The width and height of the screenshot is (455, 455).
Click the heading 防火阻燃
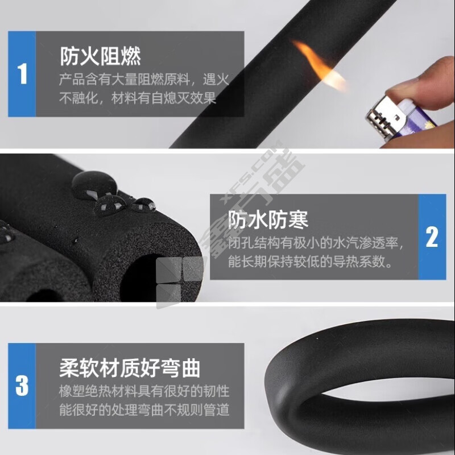pos(101,56)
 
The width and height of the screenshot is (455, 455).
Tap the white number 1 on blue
pos(22,74)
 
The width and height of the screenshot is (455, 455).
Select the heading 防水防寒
pos(268,220)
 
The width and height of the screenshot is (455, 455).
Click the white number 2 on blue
pos(432,237)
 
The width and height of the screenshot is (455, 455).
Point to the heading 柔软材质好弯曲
pos(130,368)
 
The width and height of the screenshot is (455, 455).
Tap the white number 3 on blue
pos(22,386)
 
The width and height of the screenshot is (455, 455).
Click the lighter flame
pos(318,65)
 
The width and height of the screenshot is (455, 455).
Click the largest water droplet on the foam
pos(94,185)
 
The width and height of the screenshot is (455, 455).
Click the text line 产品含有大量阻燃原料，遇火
pos(144,79)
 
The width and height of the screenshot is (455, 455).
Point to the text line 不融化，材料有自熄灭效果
pos(138,98)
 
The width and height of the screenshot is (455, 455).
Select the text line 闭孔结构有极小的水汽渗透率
pos(316,243)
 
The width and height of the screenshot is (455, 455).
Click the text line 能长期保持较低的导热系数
pos(311,261)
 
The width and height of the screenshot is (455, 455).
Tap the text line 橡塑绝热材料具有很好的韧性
pos(144,391)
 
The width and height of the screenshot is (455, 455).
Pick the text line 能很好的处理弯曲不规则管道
pos(144,409)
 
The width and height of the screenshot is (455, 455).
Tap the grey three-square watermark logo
pos(180,282)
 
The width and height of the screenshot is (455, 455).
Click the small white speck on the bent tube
pos(317,338)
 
